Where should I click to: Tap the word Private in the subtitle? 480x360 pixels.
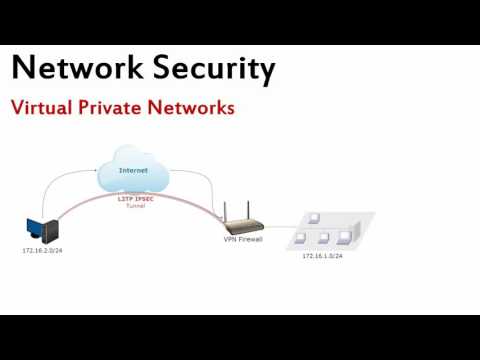[114, 107]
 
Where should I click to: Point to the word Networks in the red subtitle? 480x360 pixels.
[191, 107]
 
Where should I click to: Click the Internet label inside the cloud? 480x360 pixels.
[133, 170]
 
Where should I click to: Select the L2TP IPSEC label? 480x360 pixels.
[134, 198]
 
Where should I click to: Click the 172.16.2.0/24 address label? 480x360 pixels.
[43, 250]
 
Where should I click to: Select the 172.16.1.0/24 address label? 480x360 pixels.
[323, 256]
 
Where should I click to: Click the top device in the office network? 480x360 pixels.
[313, 217]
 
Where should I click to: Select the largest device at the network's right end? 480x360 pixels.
[346, 237]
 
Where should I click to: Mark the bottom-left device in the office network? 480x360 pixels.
[300, 239]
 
